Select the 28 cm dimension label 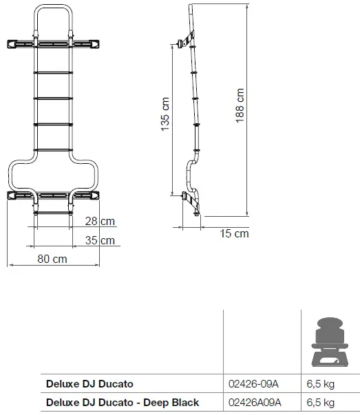[x=100, y=221]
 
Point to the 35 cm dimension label [x=100, y=241]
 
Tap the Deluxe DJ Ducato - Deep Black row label [x=122, y=402]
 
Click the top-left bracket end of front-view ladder [x=13, y=44]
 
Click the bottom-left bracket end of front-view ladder [x=13, y=195]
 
